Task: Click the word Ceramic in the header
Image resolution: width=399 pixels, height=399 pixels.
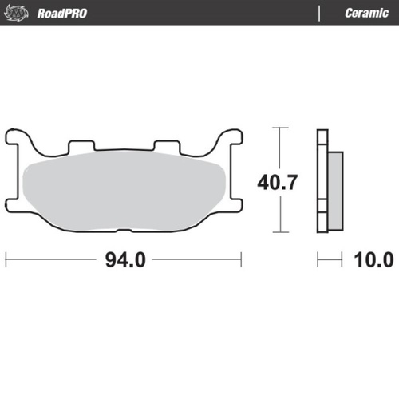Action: tap(366, 14)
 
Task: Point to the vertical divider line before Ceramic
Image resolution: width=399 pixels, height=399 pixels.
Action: tap(319, 14)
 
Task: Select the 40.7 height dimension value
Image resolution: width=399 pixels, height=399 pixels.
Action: tap(277, 182)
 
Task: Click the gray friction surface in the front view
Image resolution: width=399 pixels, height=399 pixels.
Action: tap(124, 192)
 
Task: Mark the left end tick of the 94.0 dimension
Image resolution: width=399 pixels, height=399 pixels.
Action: tap(6, 259)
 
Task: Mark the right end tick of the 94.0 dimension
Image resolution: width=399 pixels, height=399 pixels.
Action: tap(241, 259)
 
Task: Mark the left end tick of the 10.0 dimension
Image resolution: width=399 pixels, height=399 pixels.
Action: tap(318, 259)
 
